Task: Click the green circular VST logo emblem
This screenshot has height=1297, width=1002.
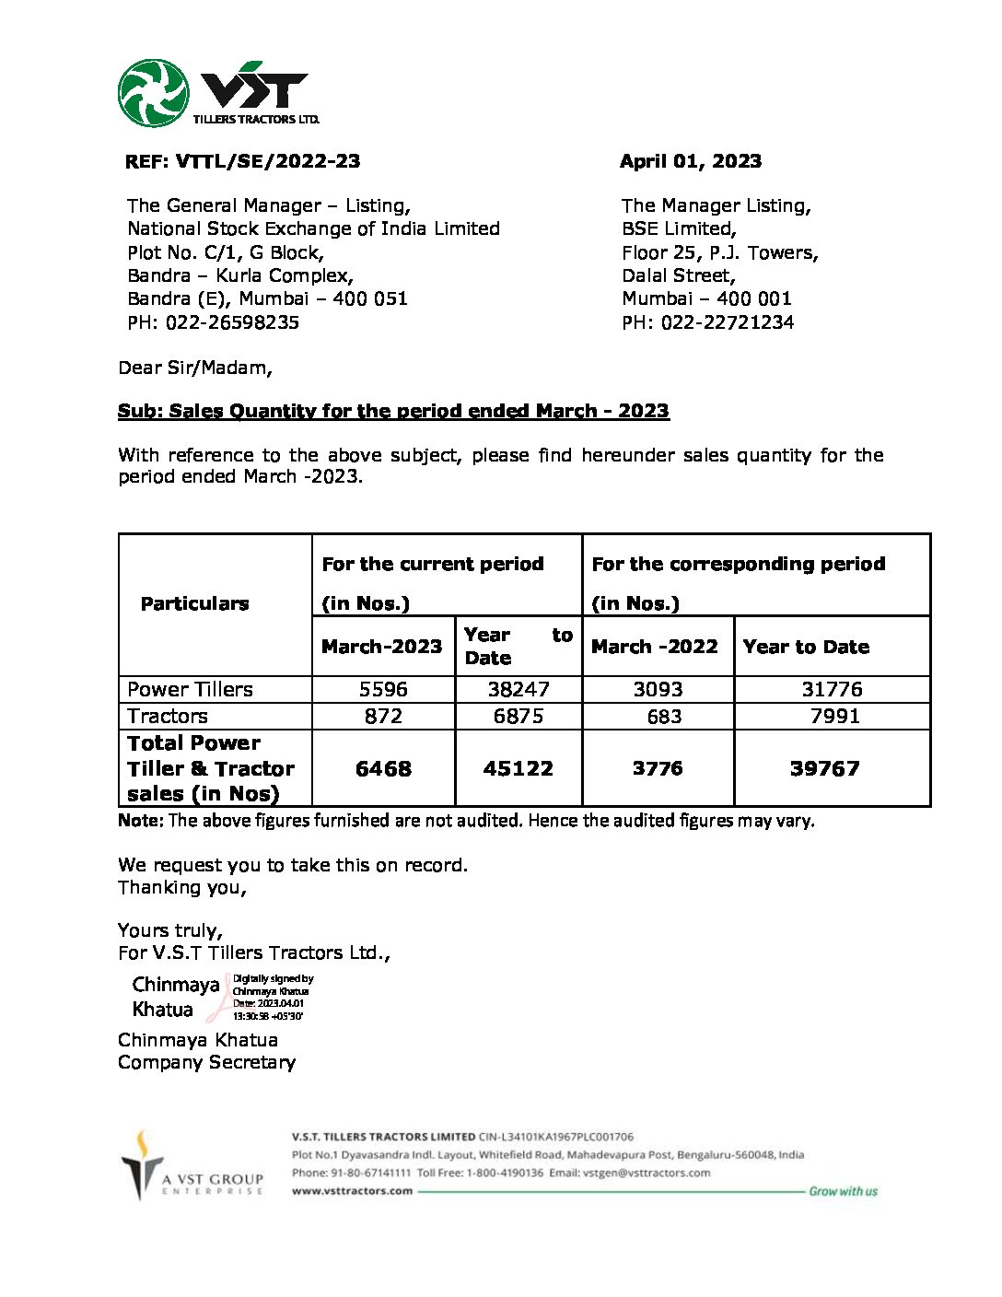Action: (x=153, y=93)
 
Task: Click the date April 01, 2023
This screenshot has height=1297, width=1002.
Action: (x=690, y=161)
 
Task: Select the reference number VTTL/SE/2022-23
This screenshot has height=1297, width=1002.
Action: (x=267, y=161)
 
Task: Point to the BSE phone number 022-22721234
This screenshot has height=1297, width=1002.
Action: (x=727, y=322)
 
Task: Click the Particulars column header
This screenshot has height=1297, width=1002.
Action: (x=194, y=603)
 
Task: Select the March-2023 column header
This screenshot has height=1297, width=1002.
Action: (x=381, y=647)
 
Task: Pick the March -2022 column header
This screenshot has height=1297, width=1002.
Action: (x=654, y=647)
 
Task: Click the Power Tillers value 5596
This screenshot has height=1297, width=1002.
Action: (x=383, y=689)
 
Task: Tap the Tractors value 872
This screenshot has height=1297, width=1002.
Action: (x=383, y=716)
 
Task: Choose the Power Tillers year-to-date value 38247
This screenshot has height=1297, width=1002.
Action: (x=518, y=689)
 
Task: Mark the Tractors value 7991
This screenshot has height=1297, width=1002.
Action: (x=834, y=716)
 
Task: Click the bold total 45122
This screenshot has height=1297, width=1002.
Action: (x=518, y=768)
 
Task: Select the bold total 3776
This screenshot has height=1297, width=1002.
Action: (x=658, y=768)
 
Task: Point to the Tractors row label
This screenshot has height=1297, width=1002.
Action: (x=168, y=716)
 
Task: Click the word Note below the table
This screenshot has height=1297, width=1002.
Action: (x=140, y=820)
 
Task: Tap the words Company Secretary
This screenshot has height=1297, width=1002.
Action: (x=206, y=1062)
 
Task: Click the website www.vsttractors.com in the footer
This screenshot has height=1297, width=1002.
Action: (x=352, y=1190)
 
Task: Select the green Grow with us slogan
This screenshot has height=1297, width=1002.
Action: (x=843, y=1191)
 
